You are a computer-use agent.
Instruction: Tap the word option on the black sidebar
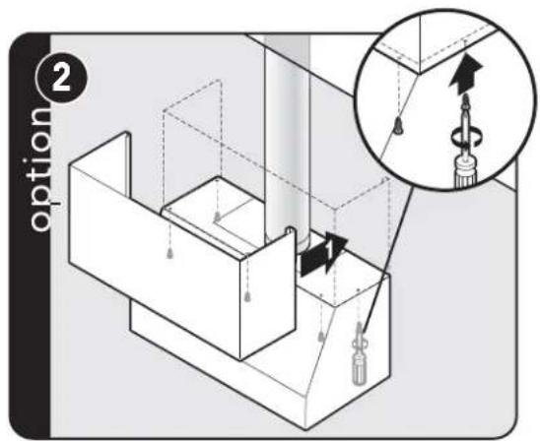(40, 170)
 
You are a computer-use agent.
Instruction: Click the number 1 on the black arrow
(329, 250)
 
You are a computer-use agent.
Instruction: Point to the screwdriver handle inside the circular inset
(464, 172)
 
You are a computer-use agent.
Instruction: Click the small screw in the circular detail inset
(398, 127)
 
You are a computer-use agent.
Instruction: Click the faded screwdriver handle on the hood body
(358, 369)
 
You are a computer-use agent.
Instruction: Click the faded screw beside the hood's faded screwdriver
(321, 337)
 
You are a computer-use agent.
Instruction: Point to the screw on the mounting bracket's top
(217, 217)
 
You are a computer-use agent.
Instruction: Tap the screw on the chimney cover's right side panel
(247, 296)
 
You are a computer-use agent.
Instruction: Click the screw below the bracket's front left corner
(169, 254)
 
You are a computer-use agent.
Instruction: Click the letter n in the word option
(39, 118)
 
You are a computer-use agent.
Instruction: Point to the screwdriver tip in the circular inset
(466, 99)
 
